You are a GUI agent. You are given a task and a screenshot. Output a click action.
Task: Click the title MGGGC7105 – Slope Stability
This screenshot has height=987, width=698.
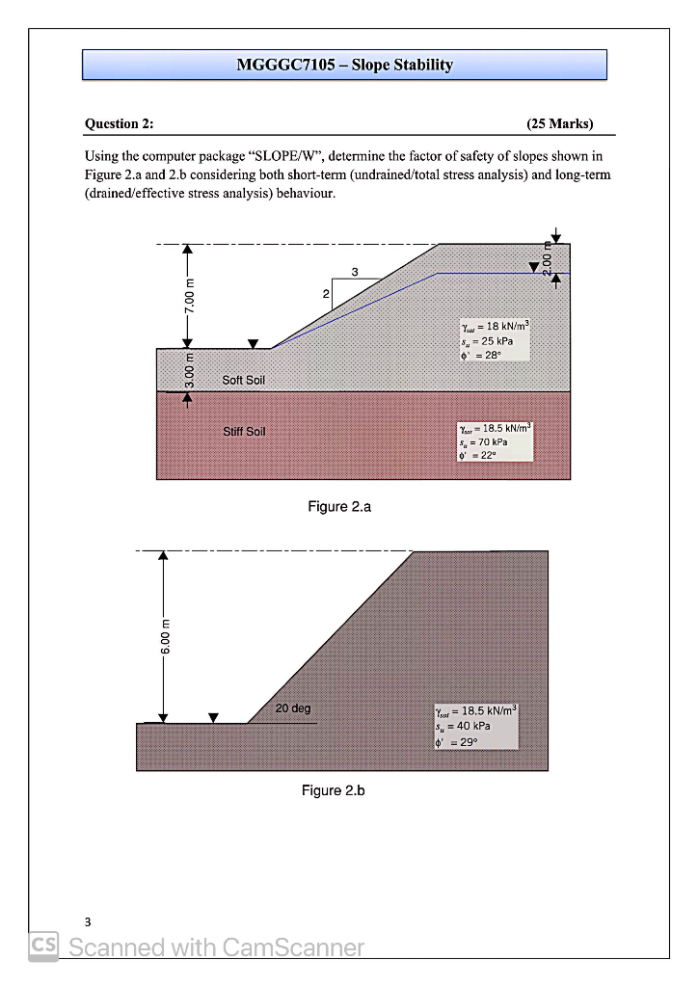pos(344,66)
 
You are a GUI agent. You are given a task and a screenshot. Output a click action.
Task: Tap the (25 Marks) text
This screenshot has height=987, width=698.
pos(559,123)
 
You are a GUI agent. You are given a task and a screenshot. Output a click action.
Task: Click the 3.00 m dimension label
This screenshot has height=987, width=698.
pos(190,371)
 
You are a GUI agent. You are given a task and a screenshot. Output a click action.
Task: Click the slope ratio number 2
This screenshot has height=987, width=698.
pos(326,292)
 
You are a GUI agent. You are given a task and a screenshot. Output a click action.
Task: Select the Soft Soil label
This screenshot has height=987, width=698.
pos(243,381)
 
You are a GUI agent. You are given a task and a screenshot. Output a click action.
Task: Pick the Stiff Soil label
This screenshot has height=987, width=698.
pos(244,431)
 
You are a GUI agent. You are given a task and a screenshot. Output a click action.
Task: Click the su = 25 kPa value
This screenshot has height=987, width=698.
pos(491,341)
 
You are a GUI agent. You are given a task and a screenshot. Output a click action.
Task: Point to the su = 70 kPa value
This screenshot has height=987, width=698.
pos(491,440)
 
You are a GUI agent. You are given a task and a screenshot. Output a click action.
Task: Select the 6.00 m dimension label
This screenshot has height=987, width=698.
pos(164,636)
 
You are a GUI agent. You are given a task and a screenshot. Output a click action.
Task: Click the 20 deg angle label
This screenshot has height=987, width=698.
pos(293,708)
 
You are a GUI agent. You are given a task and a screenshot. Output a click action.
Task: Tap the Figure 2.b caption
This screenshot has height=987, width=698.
pos(333,790)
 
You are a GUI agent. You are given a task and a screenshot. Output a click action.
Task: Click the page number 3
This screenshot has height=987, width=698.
pos(87,920)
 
